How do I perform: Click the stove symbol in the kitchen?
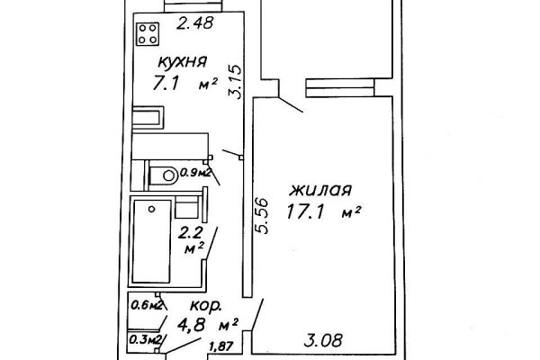point(149,35)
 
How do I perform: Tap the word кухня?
point(183,62)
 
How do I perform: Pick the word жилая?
point(320,191)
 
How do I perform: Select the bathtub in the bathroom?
point(150,238)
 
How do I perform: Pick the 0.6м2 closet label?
point(146,304)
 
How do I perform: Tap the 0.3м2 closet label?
point(146,339)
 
